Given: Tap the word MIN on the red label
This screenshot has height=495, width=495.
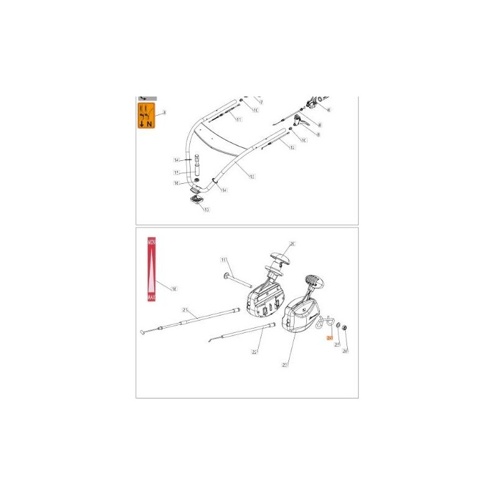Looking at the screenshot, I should click(x=151, y=246).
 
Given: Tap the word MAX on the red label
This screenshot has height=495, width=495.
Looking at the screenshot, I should click(x=151, y=298).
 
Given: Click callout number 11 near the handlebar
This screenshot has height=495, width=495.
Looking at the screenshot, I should click(x=238, y=118).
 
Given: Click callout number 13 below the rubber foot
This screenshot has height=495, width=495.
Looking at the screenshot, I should click(x=206, y=210).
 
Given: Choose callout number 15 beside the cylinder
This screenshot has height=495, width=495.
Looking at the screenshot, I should click(x=176, y=173).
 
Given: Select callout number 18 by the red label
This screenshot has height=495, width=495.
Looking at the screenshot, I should click(x=174, y=288).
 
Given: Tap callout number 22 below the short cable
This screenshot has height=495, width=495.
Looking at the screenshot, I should click(x=254, y=351).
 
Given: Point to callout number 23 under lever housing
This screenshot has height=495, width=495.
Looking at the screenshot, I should click(x=285, y=365).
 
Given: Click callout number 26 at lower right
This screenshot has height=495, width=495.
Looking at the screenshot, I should click(x=345, y=351).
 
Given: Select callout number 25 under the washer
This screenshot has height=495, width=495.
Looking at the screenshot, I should click(x=337, y=345).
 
